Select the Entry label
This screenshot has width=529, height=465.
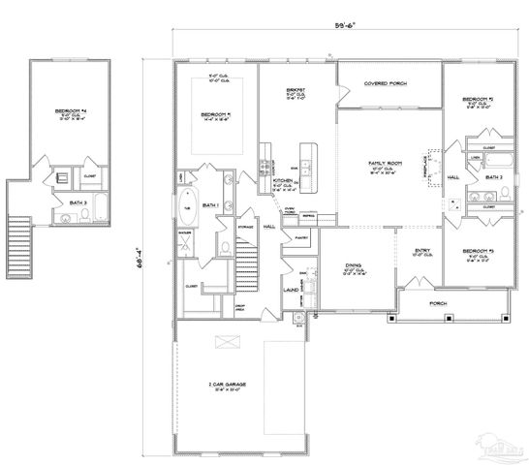(422, 251)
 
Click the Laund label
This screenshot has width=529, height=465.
(290, 288)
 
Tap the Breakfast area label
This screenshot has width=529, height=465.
(296, 92)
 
